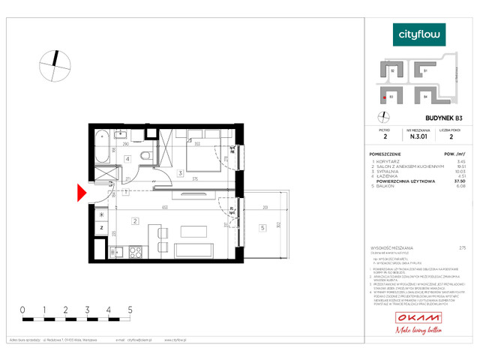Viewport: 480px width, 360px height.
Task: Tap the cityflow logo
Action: (419, 34)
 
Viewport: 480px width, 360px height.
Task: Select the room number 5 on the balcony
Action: (262, 228)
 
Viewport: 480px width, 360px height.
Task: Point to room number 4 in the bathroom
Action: (128, 159)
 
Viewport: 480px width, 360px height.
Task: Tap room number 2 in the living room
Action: (134, 220)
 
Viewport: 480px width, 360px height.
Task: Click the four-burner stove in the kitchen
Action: (136, 251)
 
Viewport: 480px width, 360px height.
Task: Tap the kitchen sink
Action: (115, 251)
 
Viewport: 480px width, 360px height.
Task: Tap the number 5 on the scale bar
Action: (130, 309)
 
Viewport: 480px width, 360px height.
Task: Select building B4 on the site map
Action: (424, 97)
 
